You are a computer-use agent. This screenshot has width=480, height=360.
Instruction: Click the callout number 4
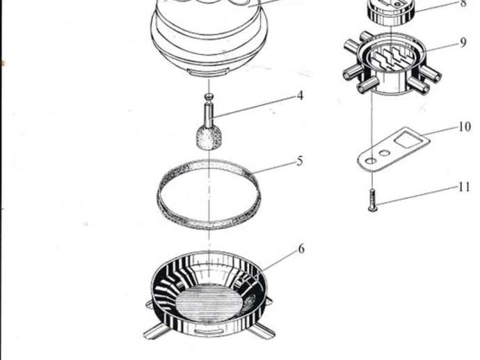click(x=300, y=95)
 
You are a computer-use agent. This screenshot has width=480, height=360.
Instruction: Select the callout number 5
click(x=300, y=161)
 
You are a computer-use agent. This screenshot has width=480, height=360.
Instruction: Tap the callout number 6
click(x=301, y=249)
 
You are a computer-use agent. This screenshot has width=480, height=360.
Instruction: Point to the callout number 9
click(x=463, y=42)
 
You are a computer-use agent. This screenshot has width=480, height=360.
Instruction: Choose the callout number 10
click(x=465, y=127)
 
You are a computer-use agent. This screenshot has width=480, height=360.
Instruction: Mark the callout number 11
click(x=464, y=187)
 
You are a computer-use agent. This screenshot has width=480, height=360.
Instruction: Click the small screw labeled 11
click(x=373, y=200)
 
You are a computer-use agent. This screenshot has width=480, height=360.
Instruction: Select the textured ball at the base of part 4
click(x=209, y=138)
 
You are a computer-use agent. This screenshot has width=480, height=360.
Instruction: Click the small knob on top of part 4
click(x=209, y=97)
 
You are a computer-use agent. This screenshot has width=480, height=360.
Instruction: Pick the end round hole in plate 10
click(x=371, y=161)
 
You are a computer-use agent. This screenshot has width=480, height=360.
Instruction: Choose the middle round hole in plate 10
click(x=385, y=152)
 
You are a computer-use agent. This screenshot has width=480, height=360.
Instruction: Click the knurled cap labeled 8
click(x=392, y=12)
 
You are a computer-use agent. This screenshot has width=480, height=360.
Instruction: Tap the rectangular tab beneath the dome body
click(x=209, y=73)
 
